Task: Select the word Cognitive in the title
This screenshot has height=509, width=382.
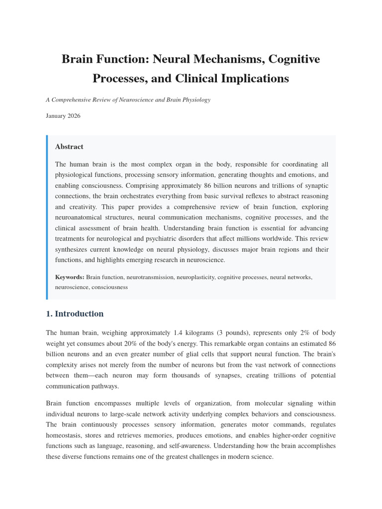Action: click(293, 60)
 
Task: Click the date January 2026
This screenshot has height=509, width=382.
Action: click(63, 116)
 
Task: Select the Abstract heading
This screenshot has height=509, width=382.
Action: click(69, 147)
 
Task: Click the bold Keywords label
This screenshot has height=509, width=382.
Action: click(70, 277)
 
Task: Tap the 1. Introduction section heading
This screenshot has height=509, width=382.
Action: click(75, 314)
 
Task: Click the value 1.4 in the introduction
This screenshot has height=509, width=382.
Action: click(179, 333)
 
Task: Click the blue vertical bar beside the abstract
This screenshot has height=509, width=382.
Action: click(47, 217)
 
